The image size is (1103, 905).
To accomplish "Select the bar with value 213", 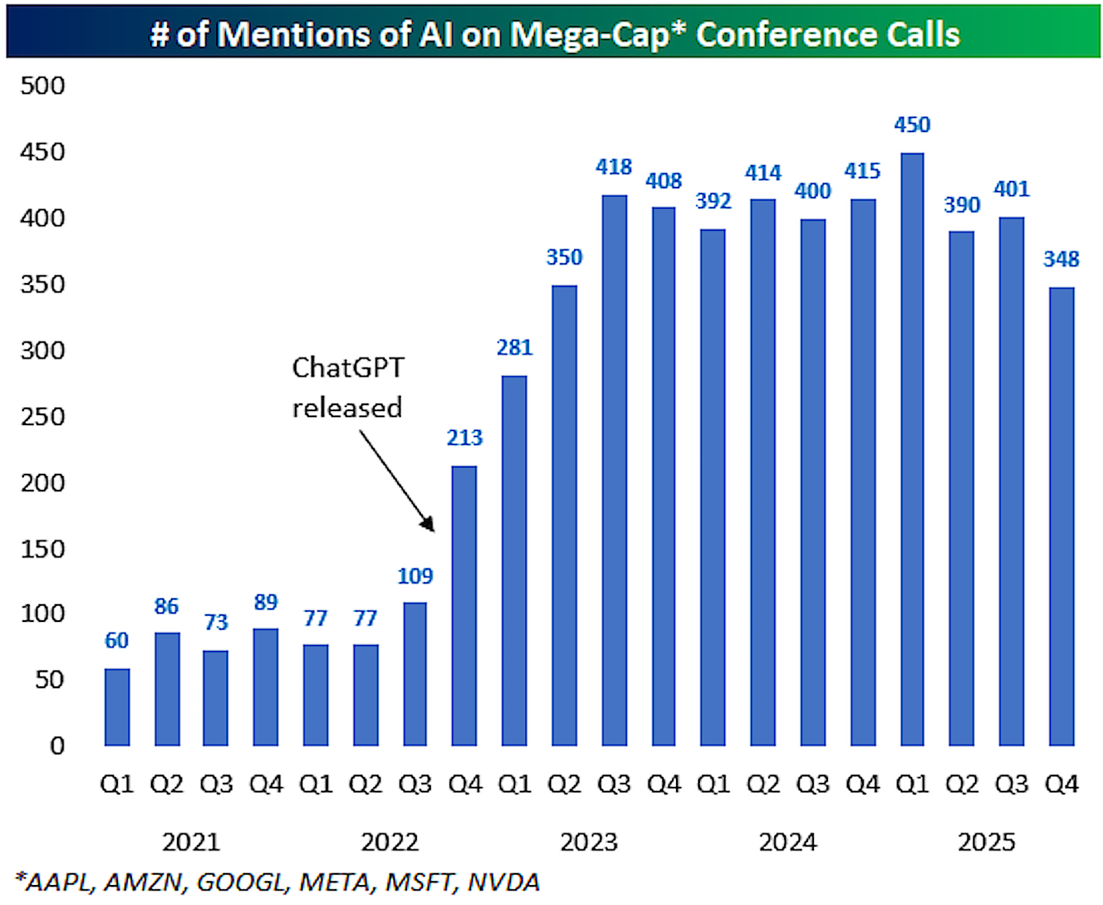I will pyautogui.click(x=465, y=606).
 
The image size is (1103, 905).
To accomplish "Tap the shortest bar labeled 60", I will pyautogui.click(x=117, y=706).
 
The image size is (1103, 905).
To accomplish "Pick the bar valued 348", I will pyautogui.click(x=1061, y=516).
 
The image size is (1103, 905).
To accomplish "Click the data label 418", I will pyautogui.click(x=614, y=166).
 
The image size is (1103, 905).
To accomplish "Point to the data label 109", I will pyautogui.click(x=415, y=575).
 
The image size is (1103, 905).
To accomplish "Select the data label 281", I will pyautogui.click(x=514, y=347).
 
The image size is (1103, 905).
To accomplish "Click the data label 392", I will pyautogui.click(x=713, y=201).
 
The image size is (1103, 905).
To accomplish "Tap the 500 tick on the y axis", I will pyautogui.click(x=43, y=85).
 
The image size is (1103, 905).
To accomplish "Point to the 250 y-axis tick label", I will pyautogui.click(x=43, y=416).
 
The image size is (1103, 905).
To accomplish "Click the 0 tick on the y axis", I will pyautogui.click(x=57, y=745).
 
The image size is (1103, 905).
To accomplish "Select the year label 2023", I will pyautogui.click(x=589, y=841).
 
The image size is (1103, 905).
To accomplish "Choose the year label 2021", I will pyautogui.click(x=191, y=841).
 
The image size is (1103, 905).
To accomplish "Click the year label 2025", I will pyautogui.click(x=986, y=841).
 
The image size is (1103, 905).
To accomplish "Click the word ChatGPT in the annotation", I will pyautogui.click(x=348, y=367).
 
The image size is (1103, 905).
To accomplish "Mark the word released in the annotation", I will pyautogui.click(x=347, y=407).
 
